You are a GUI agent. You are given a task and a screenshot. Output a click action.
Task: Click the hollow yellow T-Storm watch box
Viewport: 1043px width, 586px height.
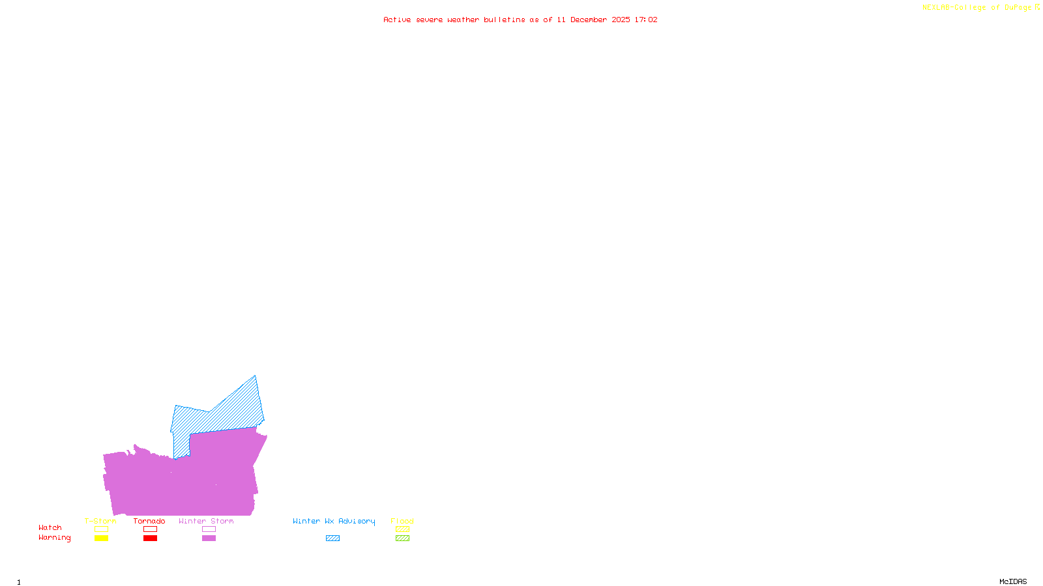(101, 529)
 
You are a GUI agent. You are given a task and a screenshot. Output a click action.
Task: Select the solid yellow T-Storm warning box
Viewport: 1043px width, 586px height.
(101, 538)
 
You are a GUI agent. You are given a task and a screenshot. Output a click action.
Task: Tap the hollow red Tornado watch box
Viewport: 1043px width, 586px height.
(150, 529)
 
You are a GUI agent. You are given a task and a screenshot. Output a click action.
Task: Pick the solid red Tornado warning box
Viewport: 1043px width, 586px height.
(150, 538)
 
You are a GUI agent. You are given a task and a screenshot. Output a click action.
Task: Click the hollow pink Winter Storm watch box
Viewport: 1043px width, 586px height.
(209, 529)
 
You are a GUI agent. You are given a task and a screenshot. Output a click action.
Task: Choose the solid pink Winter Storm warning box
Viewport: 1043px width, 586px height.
(209, 538)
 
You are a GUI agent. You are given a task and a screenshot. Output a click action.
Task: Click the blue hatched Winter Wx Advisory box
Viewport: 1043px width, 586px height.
(332, 538)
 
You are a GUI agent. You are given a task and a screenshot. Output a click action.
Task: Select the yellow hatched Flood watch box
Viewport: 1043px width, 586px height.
(402, 529)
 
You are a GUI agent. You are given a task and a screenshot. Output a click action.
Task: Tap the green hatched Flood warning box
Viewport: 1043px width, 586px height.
(402, 538)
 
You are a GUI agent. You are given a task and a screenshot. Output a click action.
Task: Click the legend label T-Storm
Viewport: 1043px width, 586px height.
(100, 521)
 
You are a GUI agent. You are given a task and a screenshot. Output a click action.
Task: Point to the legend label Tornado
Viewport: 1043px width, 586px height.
(149, 521)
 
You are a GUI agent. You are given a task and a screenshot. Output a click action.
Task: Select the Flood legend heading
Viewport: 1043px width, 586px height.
(402, 521)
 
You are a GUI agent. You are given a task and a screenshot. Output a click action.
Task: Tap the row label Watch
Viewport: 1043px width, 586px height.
(50, 527)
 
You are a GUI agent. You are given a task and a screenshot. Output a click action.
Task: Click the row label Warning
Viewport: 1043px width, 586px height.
(54, 538)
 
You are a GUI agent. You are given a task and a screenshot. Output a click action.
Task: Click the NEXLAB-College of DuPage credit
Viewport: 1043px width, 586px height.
(977, 7)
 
